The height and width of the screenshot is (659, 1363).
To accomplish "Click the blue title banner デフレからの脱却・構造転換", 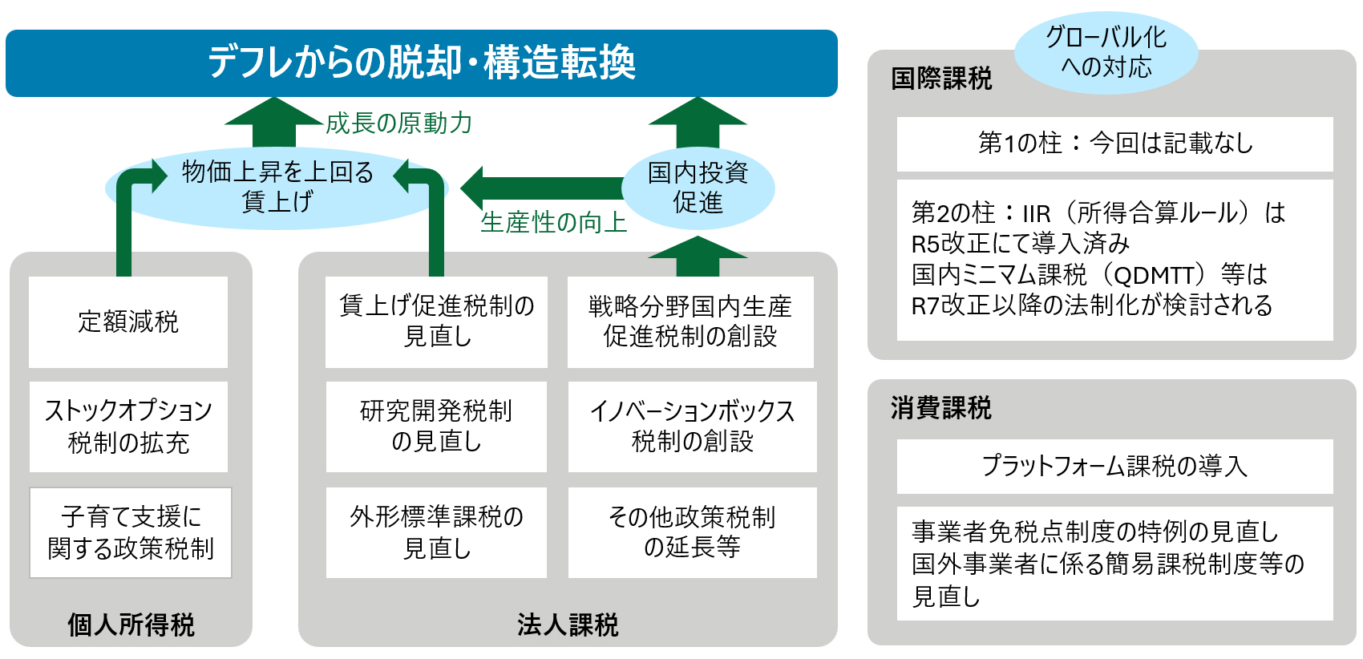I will tap(421, 63).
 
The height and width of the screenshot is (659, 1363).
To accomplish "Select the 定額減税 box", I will tap(128, 321).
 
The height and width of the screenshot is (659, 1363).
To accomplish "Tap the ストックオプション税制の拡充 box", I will tap(128, 427).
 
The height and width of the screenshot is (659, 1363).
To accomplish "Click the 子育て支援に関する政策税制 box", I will tap(131, 532).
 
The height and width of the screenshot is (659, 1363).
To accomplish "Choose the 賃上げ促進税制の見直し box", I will tap(437, 321).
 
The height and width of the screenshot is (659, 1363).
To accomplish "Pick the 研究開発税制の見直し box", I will tap(437, 427).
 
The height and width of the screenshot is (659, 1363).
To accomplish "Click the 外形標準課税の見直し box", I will tap(437, 532).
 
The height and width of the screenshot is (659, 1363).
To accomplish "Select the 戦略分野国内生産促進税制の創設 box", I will tap(690, 321).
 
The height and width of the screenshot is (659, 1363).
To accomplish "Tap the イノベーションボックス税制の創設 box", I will tap(692, 427).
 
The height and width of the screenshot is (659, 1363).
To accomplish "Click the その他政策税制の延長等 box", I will tap(692, 532).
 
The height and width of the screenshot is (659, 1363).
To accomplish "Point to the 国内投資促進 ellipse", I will tap(698, 188).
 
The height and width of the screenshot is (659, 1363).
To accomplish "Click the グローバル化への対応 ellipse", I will tap(1106, 52).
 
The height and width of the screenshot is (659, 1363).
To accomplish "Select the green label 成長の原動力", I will tap(398, 123).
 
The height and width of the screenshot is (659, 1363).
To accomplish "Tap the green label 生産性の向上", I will tap(553, 223).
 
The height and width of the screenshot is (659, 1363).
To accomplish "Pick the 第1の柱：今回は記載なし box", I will tap(1114, 144).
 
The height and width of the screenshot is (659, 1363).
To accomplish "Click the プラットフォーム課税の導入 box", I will tap(1114, 466).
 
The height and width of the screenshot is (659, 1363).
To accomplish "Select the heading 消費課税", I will tap(940, 408).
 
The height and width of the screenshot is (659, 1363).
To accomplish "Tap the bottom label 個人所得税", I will tap(131, 625).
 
